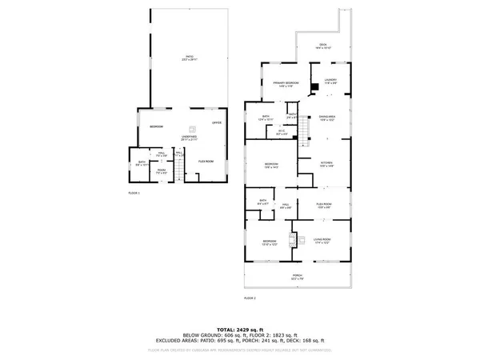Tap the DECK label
(x=322, y=47)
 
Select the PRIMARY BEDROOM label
(x=285, y=84)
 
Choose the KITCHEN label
(x=326, y=165)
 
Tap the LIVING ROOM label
(x=322, y=240)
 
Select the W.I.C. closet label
(x=282, y=131)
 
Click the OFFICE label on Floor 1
(x=216, y=122)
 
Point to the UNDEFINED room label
(x=189, y=138)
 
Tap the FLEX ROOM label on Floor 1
(x=206, y=162)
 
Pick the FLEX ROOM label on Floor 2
(x=323, y=205)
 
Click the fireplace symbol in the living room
(x=293, y=238)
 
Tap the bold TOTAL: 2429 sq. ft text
(x=240, y=330)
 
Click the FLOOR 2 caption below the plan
(x=250, y=298)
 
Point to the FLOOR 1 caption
(x=134, y=193)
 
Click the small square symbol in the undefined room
(x=191, y=127)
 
